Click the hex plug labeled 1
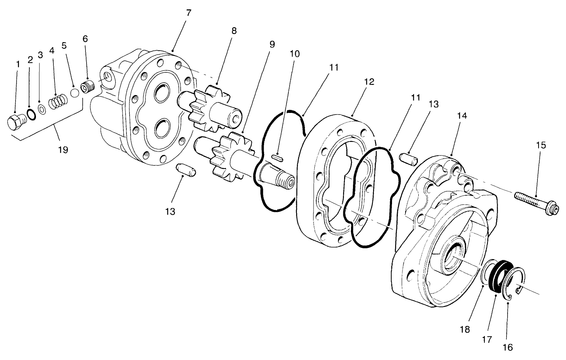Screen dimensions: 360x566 [x=15, y=122]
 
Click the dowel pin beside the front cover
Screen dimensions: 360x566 [x=407, y=159]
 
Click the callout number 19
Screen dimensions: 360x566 [x=63, y=150]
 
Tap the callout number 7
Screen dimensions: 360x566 [x=188, y=13]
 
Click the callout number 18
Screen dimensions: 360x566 [x=465, y=329]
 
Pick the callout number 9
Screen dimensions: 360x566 [x=272, y=44]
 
